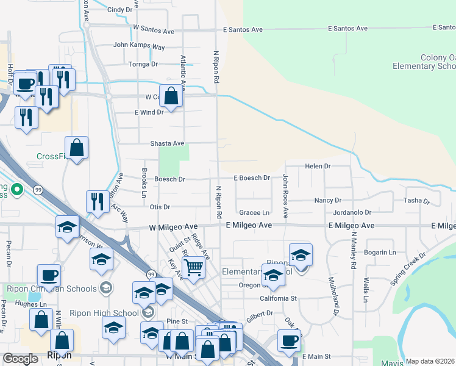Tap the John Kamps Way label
(139, 46)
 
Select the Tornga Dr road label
(143, 64)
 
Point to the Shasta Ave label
(167, 143)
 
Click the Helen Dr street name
(318, 166)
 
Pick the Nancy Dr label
(327, 200)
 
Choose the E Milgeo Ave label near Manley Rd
(351, 226)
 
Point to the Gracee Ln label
(254, 212)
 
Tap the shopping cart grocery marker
(193, 267)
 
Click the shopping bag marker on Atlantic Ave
(172, 96)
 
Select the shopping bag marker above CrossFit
(77, 148)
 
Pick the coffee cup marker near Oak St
(289, 341)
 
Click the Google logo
(21, 359)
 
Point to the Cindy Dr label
(119, 10)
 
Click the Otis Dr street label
(160, 207)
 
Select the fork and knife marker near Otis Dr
(98, 202)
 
